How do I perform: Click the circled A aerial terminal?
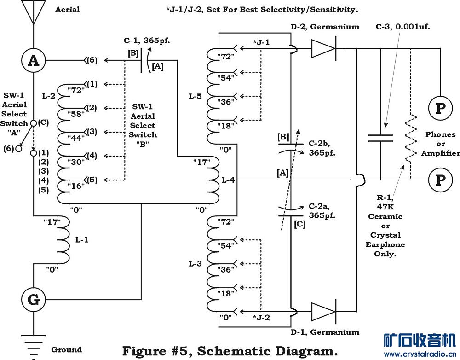pyautogui.click(x=34, y=60)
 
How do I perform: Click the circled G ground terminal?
pyautogui.click(x=34, y=300)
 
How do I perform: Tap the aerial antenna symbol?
pyautogui.click(x=34, y=12)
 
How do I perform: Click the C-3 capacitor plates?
pyautogui.click(x=380, y=138)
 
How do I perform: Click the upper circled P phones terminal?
pyautogui.click(x=440, y=109)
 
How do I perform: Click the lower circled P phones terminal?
pyautogui.click(x=440, y=180)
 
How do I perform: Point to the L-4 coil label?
pyautogui.click(x=228, y=180)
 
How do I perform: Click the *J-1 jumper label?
pyautogui.click(x=261, y=43)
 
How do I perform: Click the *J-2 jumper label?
pyautogui.click(x=261, y=317)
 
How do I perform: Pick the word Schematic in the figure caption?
pyautogui.click(x=232, y=350)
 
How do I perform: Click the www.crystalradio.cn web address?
pyautogui.click(x=421, y=354)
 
